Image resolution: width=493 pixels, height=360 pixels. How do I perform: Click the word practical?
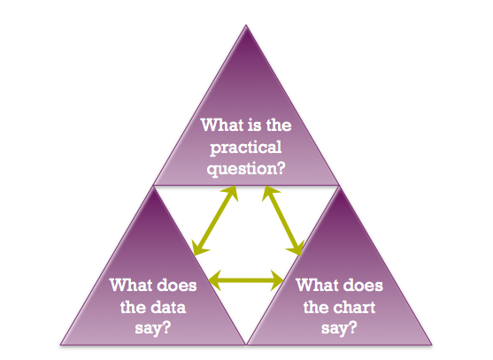[246, 148]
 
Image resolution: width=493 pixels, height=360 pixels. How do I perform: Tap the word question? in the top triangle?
[246, 169]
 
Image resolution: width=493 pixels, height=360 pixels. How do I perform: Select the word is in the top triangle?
[255, 125]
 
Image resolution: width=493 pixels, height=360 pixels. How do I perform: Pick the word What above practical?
[222, 125]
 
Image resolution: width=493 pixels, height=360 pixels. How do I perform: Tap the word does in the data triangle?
[177, 285]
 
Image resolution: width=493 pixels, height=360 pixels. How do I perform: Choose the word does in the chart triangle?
[363, 285]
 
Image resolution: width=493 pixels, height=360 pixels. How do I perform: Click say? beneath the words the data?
[153, 328]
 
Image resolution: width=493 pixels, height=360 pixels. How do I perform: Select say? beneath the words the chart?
[339, 328]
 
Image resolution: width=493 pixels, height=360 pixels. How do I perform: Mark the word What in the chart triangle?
[318, 285]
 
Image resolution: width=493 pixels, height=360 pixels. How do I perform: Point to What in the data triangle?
[131, 285]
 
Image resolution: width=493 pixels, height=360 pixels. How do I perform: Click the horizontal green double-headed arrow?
[246, 280]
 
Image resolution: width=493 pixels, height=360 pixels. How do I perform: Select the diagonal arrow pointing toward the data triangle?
[215, 220]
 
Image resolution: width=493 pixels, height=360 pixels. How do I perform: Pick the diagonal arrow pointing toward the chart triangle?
[283, 220]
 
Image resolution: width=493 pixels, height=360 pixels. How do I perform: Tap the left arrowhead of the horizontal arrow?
[214, 280]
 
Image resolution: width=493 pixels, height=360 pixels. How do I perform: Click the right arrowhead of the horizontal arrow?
[278, 280]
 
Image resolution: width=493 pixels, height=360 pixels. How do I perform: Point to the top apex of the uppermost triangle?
[246, 25]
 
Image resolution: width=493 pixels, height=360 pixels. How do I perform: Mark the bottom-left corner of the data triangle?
[61, 345]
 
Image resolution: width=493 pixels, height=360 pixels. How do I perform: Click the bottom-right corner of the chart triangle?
[432, 345]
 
